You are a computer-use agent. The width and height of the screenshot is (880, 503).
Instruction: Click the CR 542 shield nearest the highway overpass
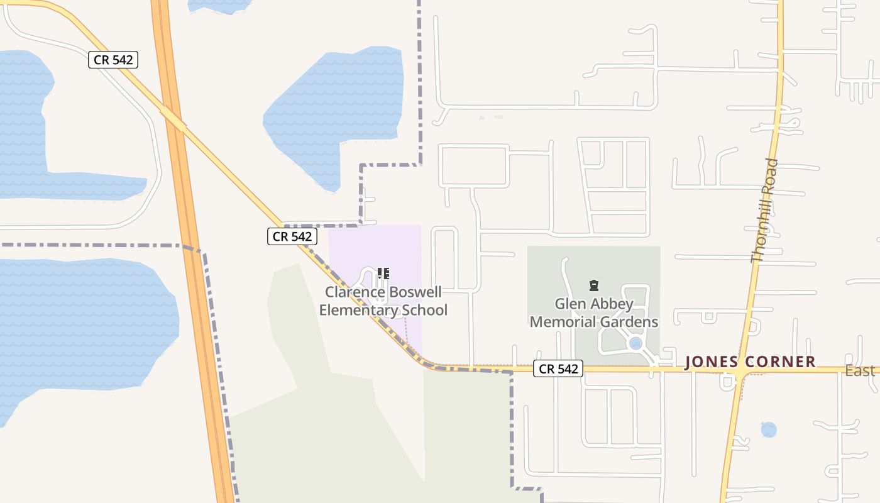113,60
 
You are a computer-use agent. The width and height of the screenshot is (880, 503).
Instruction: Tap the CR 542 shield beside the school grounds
292,236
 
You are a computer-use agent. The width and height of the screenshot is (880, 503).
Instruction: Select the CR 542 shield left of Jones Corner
558,369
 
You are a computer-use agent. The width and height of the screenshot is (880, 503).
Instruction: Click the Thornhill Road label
765,211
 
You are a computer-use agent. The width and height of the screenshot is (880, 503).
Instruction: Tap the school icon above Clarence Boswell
383,274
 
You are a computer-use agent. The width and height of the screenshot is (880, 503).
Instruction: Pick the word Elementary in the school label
359,310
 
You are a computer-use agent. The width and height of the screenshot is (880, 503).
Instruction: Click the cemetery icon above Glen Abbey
593,286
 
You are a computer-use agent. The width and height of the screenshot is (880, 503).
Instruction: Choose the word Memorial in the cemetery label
561,323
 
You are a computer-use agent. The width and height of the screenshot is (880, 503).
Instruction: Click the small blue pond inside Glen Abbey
635,343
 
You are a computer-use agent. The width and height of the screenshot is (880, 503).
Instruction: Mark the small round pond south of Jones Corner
768,430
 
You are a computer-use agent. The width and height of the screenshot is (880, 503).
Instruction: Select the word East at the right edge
860,371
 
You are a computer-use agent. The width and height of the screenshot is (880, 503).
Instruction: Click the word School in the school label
426,310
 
